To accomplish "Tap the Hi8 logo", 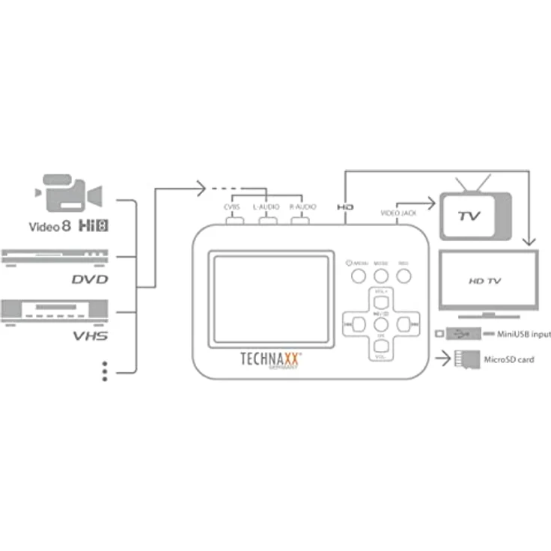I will (x=90, y=224).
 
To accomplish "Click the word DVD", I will (x=90, y=279).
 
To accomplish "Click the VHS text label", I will (x=90, y=335).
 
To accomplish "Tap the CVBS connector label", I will (x=231, y=206).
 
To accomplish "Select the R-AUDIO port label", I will (x=302, y=206).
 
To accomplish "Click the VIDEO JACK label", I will (x=398, y=213).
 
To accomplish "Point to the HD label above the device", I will (x=345, y=206).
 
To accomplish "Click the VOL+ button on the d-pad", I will (x=381, y=299).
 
